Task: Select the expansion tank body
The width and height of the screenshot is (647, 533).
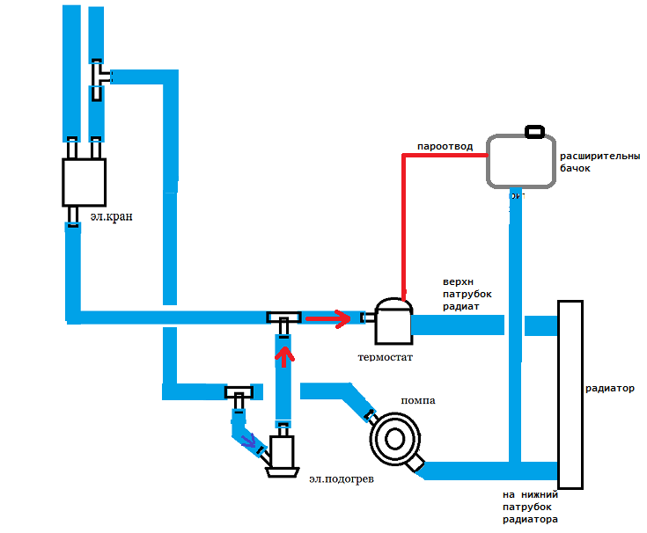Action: (x=521, y=161)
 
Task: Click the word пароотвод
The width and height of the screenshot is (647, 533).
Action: (x=445, y=145)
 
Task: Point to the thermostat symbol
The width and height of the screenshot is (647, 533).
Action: (x=393, y=322)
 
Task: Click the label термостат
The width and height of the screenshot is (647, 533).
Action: (x=385, y=358)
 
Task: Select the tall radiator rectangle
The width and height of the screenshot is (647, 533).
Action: (x=570, y=394)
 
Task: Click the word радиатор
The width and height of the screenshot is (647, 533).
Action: (x=610, y=388)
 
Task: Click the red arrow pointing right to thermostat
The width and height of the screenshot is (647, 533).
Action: (x=327, y=317)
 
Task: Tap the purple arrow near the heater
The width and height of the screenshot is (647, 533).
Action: (x=253, y=440)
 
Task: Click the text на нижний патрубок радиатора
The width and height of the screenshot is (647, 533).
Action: (x=531, y=507)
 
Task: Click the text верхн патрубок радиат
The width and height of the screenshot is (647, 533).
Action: (x=467, y=295)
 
